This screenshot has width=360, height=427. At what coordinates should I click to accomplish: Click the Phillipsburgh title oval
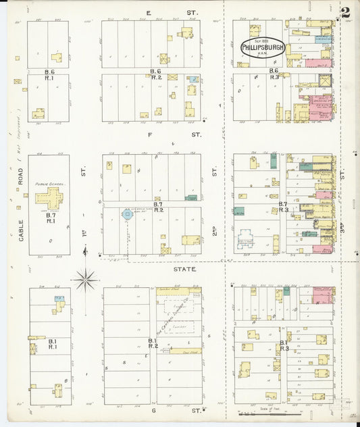pos(263,48)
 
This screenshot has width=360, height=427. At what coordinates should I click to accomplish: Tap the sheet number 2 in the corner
pos(345,12)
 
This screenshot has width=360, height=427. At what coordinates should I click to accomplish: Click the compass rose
pos(86,278)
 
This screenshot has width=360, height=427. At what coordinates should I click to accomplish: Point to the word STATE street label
pos(184,269)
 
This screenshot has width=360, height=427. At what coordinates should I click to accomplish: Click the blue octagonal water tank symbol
pos(126,214)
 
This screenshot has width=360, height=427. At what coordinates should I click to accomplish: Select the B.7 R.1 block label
pos(51,217)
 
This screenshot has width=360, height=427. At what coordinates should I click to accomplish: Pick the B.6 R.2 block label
pos(156,74)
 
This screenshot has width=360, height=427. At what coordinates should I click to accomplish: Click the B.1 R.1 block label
pos(51,343)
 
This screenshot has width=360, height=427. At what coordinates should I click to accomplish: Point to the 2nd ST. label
pos(214,233)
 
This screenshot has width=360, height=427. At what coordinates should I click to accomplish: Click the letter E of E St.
pos(148,13)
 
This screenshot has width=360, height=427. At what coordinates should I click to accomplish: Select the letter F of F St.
pos(149,134)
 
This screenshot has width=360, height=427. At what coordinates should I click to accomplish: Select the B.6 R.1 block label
pos(49,74)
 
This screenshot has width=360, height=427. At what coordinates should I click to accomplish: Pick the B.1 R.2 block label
pos(153,343)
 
